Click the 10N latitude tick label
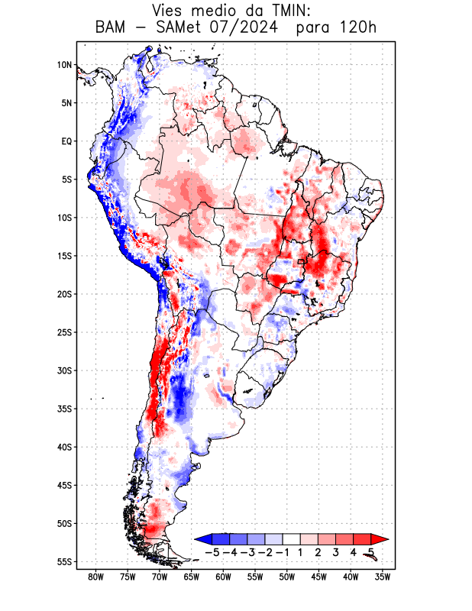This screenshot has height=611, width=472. (x=64, y=65)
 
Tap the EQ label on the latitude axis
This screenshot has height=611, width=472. (x=66, y=141)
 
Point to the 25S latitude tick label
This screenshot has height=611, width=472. (x=64, y=332)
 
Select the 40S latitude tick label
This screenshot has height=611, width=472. (x=64, y=447)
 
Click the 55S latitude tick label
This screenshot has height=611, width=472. (x=64, y=561)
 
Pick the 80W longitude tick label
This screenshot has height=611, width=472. (x=96, y=577)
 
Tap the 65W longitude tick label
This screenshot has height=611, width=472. (x=192, y=577)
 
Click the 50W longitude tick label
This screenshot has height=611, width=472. (x=287, y=577)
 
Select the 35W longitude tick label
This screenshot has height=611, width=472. (x=383, y=577)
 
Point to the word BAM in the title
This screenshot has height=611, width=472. (x=112, y=28)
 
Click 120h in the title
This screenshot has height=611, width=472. (x=357, y=28)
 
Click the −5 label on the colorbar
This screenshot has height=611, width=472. (x=211, y=551)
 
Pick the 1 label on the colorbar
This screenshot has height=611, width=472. (x=301, y=551)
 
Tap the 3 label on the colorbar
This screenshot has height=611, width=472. (x=336, y=551)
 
